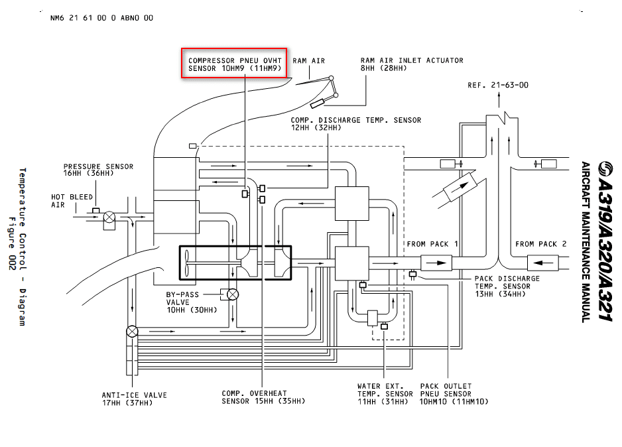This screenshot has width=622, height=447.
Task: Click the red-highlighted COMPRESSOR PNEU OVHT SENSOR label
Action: pyautogui.click(x=235, y=64)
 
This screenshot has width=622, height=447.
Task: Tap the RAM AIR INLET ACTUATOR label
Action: pyautogui.click(x=411, y=64)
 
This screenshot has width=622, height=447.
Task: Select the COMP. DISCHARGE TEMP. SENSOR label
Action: pyautogui.click(x=355, y=124)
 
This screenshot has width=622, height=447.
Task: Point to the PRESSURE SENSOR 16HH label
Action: pyautogui.click(x=98, y=170)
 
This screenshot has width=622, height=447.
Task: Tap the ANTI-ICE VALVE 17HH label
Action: pyautogui.click(x=134, y=399)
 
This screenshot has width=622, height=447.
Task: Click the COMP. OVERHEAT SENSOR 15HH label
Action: pyautogui.click(x=263, y=397)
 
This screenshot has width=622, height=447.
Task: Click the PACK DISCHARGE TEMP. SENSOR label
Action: pyautogui.click(x=507, y=283)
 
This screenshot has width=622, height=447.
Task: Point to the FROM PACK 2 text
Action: pyautogui.click(x=540, y=244)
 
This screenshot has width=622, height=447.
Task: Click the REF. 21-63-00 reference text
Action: pyautogui.click(x=497, y=85)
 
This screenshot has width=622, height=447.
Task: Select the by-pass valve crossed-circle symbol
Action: pyautogui.click(x=233, y=294)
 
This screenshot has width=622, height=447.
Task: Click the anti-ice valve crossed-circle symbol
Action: pyautogui.click(x=132, y=330)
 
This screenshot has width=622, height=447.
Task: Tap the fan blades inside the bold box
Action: pyautogui.click(x=188, y=262)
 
